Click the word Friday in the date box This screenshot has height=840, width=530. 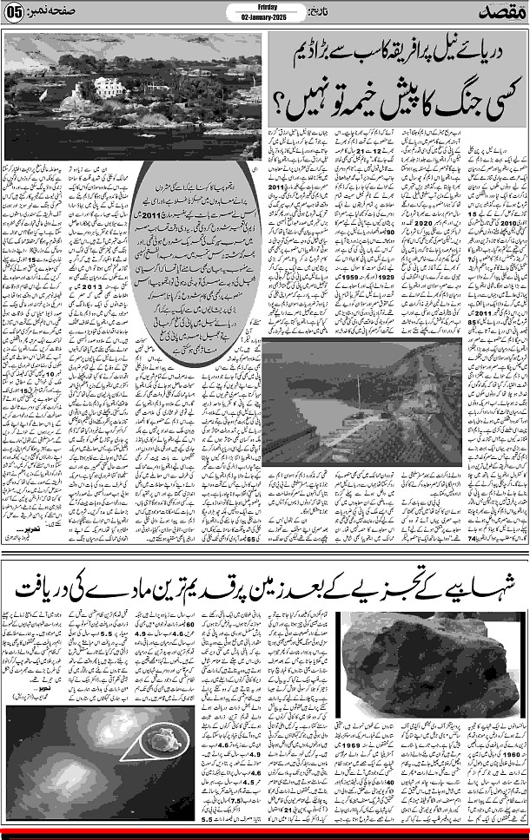tap(265, 5)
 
